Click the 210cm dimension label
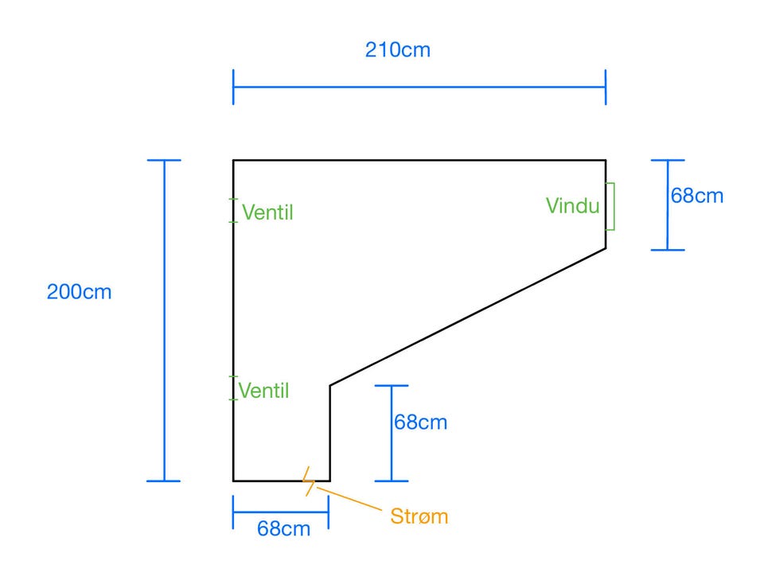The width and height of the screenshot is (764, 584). point(397,49)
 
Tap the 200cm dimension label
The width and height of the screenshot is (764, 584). point(80,292)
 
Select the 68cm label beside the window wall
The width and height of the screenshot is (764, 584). point(697,195)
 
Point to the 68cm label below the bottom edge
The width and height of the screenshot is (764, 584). point(283,528)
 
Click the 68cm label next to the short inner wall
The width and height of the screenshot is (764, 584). point(420,422)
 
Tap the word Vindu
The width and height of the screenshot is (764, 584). point(572,206)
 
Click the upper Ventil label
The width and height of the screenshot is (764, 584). point(268,212)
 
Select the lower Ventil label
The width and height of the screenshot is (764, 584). point(263,391)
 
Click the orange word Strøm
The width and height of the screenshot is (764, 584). point(419,516)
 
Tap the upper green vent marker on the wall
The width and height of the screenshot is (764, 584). point(233,211)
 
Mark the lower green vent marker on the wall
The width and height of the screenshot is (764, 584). point(233,388)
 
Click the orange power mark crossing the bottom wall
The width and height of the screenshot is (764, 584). point(308,481)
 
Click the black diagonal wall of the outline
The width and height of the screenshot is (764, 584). point(468,317)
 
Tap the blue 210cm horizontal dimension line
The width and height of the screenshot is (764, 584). point(419,87)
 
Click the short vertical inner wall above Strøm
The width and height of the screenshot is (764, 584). point(330,434)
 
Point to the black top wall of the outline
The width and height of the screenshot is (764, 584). point(419,161)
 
